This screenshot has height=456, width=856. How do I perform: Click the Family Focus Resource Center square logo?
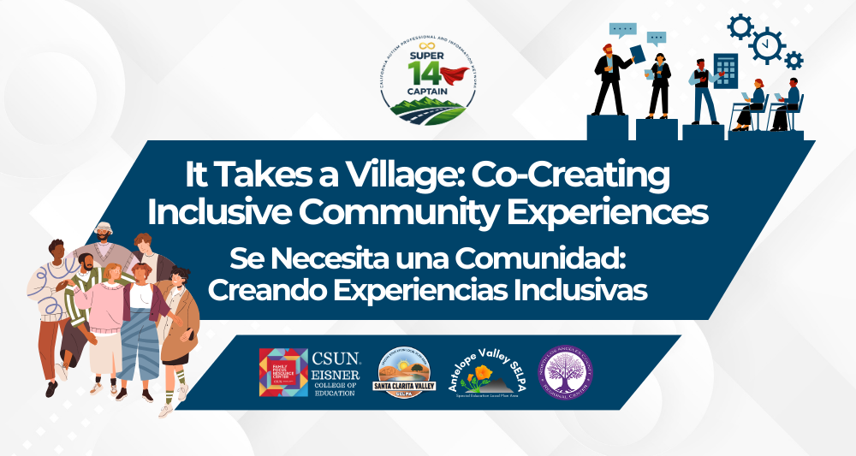click(283, 372)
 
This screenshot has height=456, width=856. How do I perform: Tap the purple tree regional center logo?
click(565, 373)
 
